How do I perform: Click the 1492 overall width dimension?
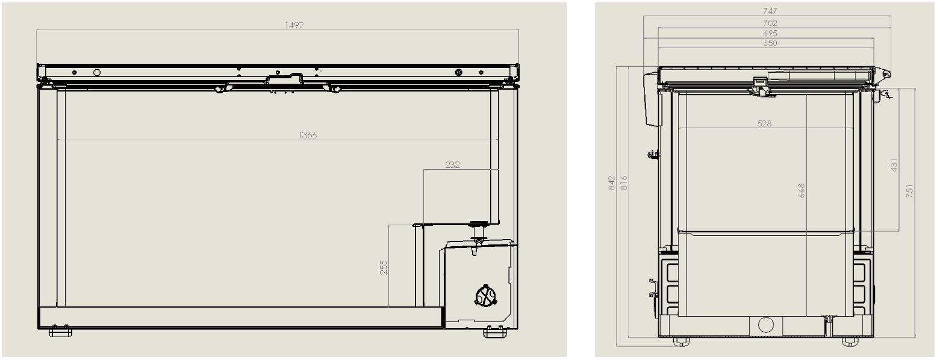294,25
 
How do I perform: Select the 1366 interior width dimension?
307,135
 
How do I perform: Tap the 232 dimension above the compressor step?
452,165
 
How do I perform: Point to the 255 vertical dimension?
384,267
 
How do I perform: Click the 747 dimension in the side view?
770,11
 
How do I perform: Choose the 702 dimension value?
770,23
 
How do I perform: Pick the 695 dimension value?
770,33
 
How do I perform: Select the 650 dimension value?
770,43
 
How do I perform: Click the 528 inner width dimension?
765,123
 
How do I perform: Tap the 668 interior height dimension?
801,191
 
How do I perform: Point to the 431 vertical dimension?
894,164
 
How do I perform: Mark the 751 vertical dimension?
910,191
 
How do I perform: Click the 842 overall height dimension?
611,183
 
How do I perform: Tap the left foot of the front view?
60,332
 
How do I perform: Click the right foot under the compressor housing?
494,332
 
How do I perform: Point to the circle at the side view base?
765,325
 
